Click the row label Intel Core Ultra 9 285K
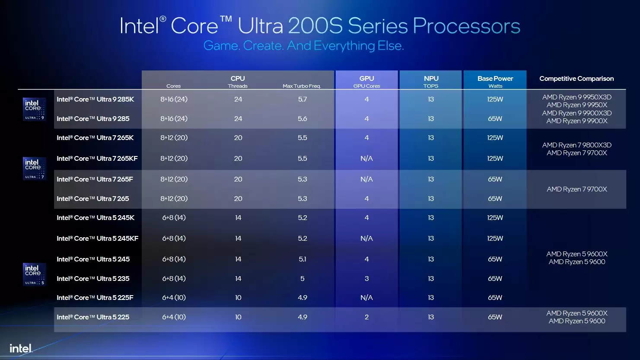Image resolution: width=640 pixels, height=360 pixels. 95,99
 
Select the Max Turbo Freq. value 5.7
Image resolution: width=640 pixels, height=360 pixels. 302,99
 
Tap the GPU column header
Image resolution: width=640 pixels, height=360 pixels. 366,79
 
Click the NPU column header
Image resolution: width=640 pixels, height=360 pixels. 431,79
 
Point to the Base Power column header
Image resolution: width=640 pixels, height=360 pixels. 495,79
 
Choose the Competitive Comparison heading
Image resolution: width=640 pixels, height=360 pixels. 576,79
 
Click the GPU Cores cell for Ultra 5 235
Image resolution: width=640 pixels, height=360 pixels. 366,279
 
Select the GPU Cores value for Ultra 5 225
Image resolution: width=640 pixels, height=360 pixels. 366,317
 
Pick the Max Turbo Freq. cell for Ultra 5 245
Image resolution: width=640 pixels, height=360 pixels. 302,259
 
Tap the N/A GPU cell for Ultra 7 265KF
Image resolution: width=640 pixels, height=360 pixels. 366,159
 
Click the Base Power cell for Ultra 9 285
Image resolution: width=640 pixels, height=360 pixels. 495,119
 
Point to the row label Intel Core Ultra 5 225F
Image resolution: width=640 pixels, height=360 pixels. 95,298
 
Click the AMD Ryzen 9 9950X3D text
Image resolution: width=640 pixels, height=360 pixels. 576,97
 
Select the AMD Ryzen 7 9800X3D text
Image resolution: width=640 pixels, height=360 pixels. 576,145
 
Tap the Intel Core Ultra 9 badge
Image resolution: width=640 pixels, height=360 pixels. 34,109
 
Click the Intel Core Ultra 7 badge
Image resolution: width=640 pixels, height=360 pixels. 34,169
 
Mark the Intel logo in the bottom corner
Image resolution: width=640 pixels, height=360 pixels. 21,348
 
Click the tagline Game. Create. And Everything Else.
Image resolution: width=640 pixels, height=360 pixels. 303,46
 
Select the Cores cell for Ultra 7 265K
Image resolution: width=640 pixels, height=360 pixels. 174,138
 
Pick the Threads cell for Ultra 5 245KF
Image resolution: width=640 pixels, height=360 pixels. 238,239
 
